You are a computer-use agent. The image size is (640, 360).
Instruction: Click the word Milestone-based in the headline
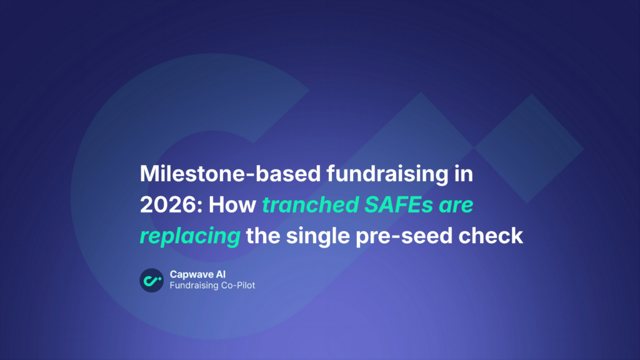(x=230, y=174)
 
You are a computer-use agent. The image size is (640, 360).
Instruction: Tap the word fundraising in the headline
(x=387, y=174)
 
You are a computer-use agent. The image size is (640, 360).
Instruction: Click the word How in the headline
(x=232, y=205)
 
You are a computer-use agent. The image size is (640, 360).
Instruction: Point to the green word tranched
(x=310, y=205)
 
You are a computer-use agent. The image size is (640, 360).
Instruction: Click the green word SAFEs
(x=399, y=205)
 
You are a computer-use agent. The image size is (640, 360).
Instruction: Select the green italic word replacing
(x=190, y=236)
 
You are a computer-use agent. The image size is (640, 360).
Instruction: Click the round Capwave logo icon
(x=152, y=281)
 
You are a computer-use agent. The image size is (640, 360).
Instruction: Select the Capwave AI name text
(x=197, y=275)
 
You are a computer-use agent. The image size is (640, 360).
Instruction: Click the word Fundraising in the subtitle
(x=191, y=286)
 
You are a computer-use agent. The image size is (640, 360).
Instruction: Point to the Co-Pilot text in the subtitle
(x=236, y=285)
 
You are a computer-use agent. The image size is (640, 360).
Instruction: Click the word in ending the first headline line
(x=464, y=174)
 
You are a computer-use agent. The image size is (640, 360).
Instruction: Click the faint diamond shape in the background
(x=529, y=148)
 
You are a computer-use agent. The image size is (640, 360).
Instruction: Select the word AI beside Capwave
(x=220, y=274)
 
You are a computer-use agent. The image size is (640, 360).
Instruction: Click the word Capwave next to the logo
(x=191, y=275)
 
